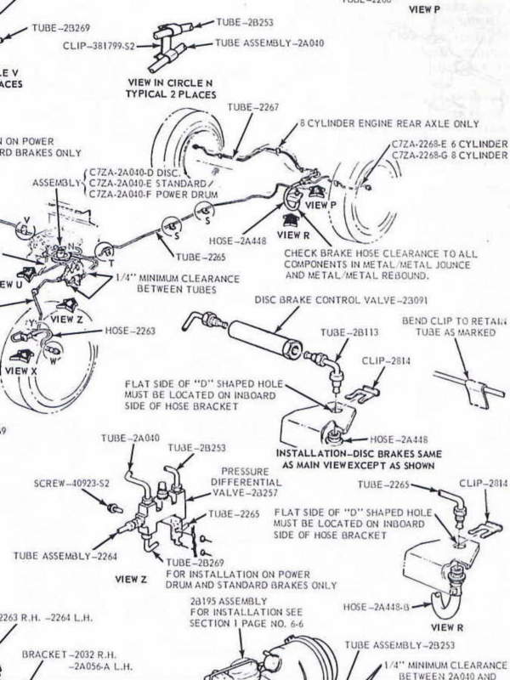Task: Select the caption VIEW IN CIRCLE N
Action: point(169,82)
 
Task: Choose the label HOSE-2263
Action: point(131,331)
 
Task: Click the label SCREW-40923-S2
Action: point(67,483)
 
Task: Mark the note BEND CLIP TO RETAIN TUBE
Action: point(460,327)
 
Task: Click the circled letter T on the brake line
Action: point(106,252)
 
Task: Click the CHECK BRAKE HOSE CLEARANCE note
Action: point(380,264)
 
